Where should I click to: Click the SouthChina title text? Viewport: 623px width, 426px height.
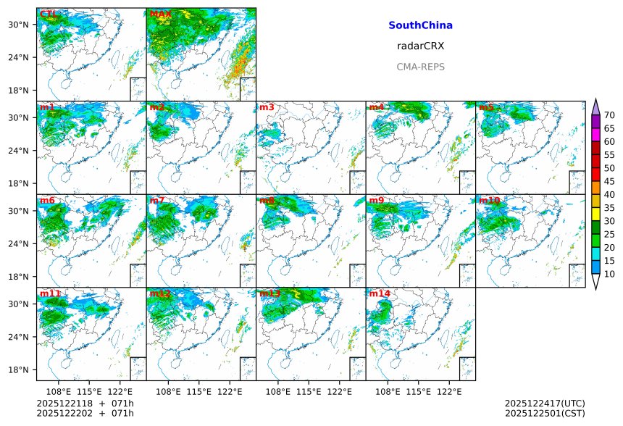coord(420,25)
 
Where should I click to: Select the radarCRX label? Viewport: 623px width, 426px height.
coord(420,46)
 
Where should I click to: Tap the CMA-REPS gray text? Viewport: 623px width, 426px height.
coord(420,67)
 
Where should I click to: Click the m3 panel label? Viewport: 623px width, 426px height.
coord(267,107)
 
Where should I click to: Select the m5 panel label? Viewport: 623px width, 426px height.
coord(486,107)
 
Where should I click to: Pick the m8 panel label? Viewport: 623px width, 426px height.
coord(267,200)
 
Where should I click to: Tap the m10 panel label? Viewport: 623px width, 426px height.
coord(489,200)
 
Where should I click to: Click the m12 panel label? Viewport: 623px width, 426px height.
coord(160,293)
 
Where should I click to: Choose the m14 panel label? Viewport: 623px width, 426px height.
coord(380,293)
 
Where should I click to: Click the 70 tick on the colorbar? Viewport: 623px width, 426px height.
coord(609,115)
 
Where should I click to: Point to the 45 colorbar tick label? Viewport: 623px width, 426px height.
coord(609,181)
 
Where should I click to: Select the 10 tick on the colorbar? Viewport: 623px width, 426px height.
coord(609,274)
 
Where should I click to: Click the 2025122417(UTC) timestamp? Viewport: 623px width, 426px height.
coord(544,404)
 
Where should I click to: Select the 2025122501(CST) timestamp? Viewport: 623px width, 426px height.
coord(544,414)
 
